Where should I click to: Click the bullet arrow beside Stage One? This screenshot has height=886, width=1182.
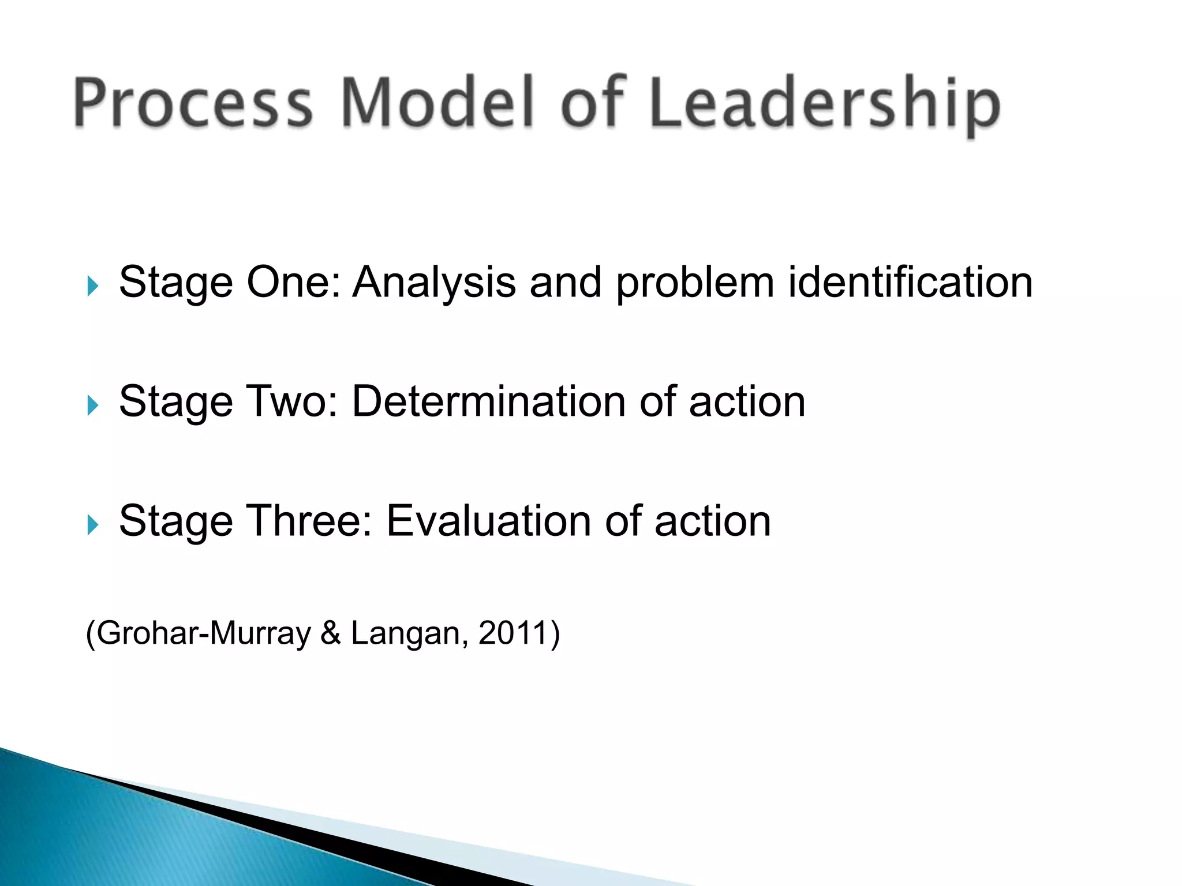pos(93,286)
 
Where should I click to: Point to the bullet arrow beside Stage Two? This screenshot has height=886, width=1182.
pos(93,405)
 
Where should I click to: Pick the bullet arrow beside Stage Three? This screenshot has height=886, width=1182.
pos(93,524)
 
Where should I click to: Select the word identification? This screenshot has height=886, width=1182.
pos(910,283)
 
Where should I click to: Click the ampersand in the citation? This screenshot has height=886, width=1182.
pos(331,633)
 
